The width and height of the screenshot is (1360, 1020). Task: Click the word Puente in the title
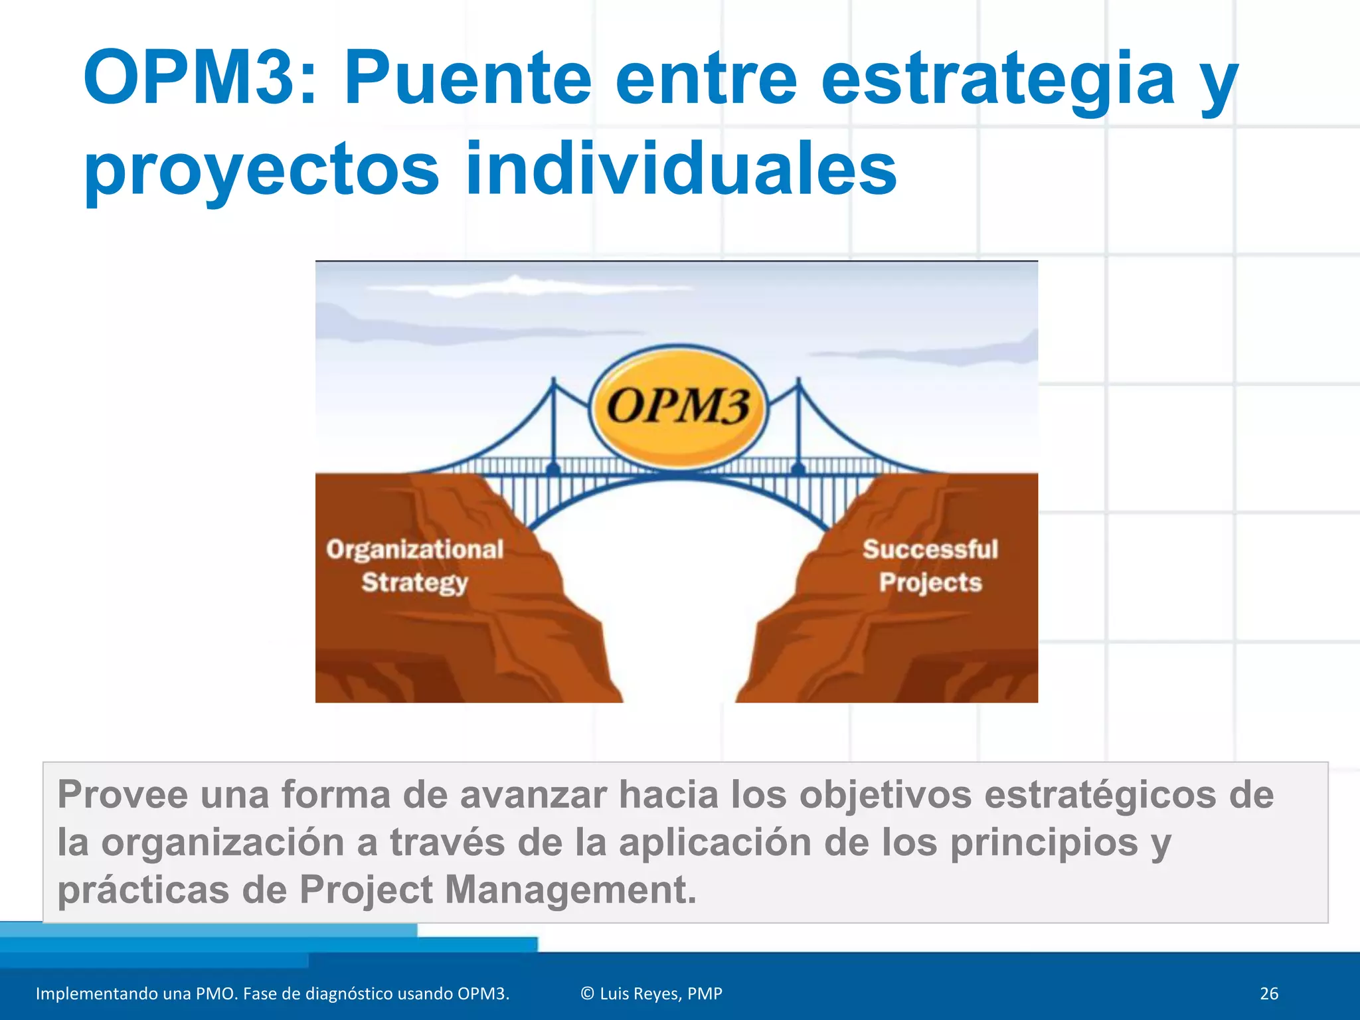point(467,78)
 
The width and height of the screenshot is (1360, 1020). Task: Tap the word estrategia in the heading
point(997,78)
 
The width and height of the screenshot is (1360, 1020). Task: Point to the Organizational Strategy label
point(415,566)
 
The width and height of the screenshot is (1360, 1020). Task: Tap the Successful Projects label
point(930,566)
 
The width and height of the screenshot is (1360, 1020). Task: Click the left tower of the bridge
point(553,425)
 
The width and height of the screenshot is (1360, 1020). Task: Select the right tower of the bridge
point(799,425)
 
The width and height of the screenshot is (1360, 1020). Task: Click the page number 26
point(1268,993)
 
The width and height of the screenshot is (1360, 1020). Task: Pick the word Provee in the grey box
point(123,794)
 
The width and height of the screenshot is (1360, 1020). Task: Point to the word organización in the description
point(222,843)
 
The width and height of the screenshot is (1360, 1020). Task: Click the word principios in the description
point(1044,843)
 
